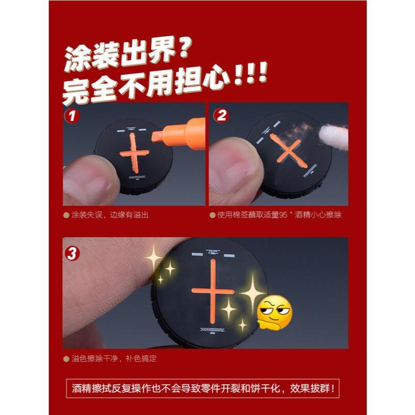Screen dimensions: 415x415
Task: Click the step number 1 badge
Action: (72, 115)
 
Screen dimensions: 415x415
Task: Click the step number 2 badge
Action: (220, 115)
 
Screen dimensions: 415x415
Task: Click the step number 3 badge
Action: (73, 254)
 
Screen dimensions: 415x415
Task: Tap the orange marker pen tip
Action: (157, 137)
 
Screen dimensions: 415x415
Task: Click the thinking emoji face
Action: (275, 313)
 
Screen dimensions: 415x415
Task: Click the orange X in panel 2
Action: (288, 150)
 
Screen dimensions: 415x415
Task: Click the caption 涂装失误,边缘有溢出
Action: (109, 214)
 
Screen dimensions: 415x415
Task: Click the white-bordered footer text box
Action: (207, 388)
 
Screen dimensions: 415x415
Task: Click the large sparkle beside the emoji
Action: (253, 292)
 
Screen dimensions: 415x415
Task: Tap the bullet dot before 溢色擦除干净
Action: (66, 358)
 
